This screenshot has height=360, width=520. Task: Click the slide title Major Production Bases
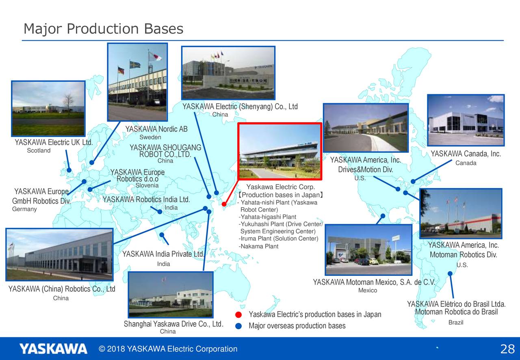pos(104,29)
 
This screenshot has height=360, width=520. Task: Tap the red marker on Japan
pos(224,204)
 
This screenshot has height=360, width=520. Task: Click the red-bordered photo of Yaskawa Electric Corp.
pos(280,151)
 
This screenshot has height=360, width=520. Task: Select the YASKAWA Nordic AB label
pos(156,129)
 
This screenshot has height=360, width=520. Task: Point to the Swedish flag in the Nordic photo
pos(134,65)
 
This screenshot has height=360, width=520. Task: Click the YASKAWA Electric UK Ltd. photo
pos(48,108)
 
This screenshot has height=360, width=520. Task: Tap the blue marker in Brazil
pos(450,273)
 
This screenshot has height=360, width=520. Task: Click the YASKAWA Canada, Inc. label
pos(466,154)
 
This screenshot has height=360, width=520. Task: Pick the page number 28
pos(507,349)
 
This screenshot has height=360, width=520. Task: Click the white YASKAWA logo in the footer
pos(53,349)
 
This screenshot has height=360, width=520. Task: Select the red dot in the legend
pos(238,315)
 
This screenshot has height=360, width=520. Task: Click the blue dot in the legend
pos(238,326)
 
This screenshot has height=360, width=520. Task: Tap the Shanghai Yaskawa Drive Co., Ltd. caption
pos(173,324)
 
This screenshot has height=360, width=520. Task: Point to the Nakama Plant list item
pos(258,246)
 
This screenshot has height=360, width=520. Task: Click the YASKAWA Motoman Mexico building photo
pos(368,250)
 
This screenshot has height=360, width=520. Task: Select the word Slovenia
pos(147,185)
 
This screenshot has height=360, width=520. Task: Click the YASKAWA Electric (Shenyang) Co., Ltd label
pos(240,106)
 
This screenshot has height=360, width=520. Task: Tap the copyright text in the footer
pos(168,349)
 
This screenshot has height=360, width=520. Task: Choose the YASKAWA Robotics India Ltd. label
pos(146,200)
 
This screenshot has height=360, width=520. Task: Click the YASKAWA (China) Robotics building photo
pos(59,254)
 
